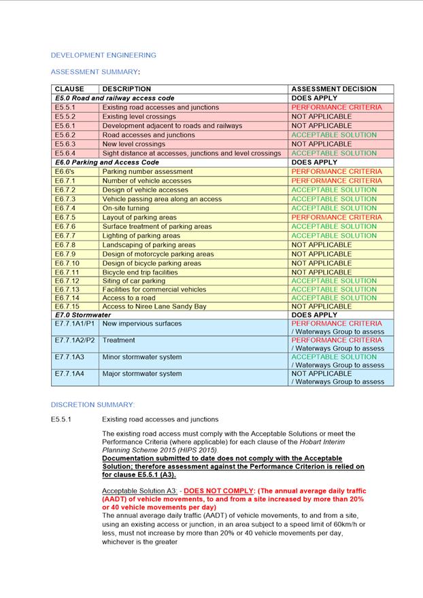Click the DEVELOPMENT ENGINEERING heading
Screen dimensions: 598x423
coord(103,55)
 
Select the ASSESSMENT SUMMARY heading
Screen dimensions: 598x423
coord(95,71)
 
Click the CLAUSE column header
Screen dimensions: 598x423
coord(69,89)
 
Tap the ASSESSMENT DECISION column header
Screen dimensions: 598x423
coord(333,89)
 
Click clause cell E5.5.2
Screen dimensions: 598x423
coord(65,117)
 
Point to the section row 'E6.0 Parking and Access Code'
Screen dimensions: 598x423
coord(107,162)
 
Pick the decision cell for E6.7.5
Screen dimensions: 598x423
coord(337,217)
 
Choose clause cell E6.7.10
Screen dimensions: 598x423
coord(67,263)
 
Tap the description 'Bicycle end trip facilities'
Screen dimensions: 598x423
coord(140,272)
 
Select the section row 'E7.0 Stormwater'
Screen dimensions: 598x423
coord(83,315)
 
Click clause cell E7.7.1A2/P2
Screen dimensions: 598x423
coord(75,340)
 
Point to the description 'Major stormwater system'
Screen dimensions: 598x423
coord(142,374)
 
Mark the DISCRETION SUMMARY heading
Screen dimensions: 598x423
coord(92,405)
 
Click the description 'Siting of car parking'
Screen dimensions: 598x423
coord(134,281)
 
